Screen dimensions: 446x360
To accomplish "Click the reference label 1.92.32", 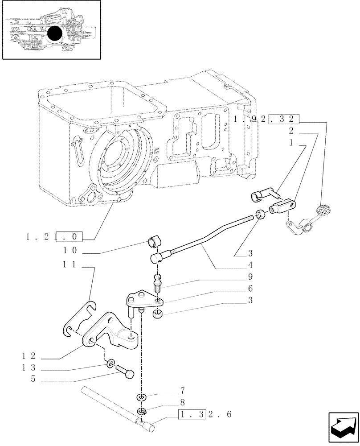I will coord(266,119).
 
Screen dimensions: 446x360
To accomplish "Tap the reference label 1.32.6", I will coord(205,415).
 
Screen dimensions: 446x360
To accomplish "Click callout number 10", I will coord(70,250).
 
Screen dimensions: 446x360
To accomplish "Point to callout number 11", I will coord(70,264).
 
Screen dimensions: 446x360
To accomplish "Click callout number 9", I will coord(250,277).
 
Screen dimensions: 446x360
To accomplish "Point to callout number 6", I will coord(250,289).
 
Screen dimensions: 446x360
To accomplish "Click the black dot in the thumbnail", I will coord(54,33).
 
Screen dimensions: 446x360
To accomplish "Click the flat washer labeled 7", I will coord(141,397).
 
